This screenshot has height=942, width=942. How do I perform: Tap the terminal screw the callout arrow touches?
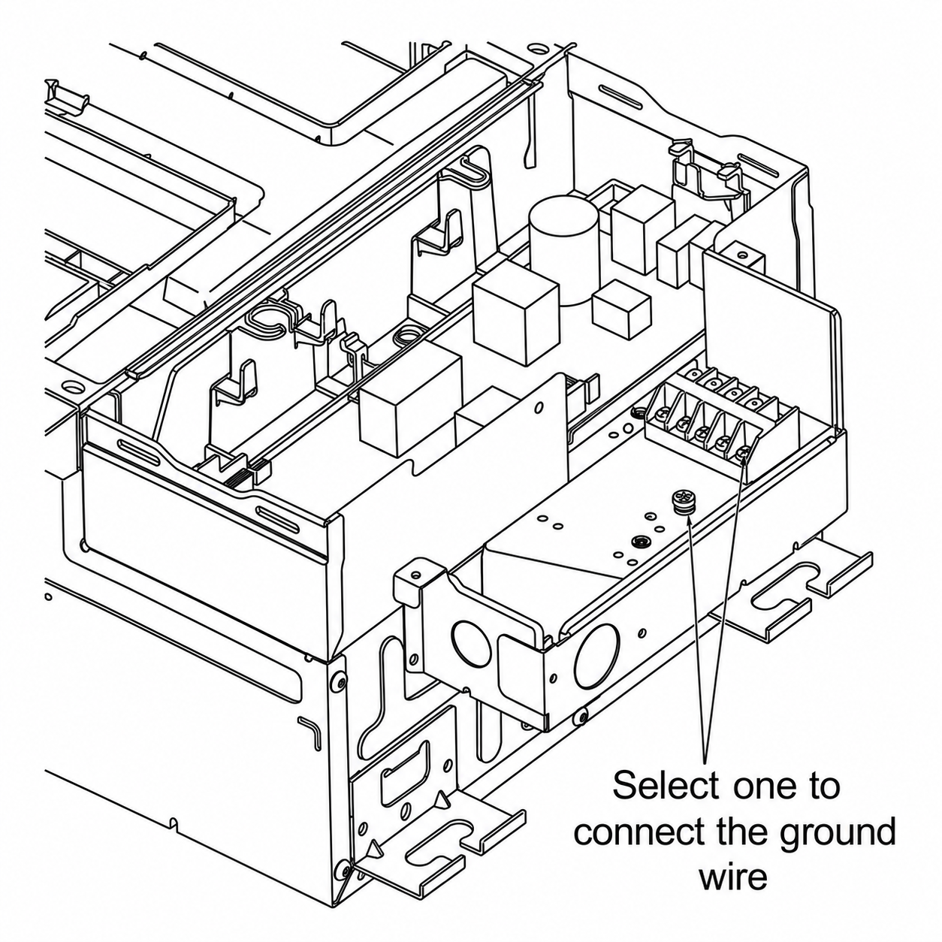coord(742,454)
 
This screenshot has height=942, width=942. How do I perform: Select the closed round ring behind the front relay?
coord(405,337)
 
